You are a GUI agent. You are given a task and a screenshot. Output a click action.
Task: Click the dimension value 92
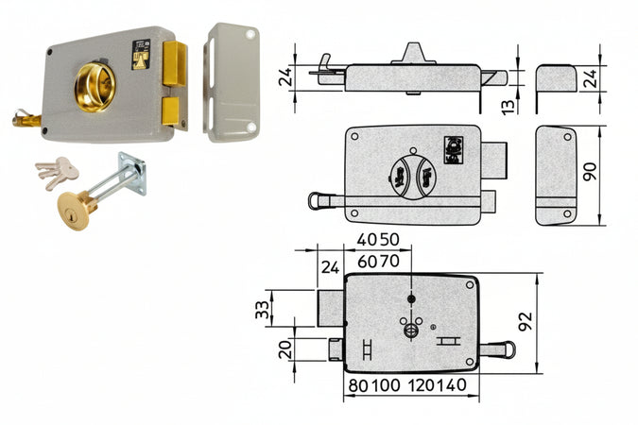click(526, 321)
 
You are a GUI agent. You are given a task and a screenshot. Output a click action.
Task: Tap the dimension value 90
click(590, 171)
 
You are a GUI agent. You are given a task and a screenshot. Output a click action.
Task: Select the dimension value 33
click(263, 310)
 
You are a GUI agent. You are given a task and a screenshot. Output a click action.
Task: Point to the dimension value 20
click(285, 348)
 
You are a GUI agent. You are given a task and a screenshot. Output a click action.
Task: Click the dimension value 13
click(508, 106)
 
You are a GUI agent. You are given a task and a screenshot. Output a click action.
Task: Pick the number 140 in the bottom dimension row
click(452, 384)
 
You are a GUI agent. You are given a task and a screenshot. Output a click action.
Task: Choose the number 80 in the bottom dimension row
click(359, 385)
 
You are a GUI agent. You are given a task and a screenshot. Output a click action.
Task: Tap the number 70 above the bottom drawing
click(389, 261)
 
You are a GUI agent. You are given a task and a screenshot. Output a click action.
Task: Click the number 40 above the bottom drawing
click(367, 240)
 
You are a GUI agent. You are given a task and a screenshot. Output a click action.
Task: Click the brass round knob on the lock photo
click(95, 87)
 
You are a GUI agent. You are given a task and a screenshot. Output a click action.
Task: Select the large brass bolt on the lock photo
click(175, 63)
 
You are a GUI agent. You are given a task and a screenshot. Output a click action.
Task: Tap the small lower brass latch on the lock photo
click(171, 110)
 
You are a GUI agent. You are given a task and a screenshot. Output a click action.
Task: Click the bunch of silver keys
click(57, 173)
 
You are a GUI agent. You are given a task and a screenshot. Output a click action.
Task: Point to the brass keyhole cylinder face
click(73, 212)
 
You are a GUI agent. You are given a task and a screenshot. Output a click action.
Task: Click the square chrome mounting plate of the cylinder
click(132, 174)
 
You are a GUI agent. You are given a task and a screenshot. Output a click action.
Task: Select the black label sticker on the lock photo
click(141, 55)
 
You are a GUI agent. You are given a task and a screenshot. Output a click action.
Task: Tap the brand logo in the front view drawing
click(454, 150)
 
